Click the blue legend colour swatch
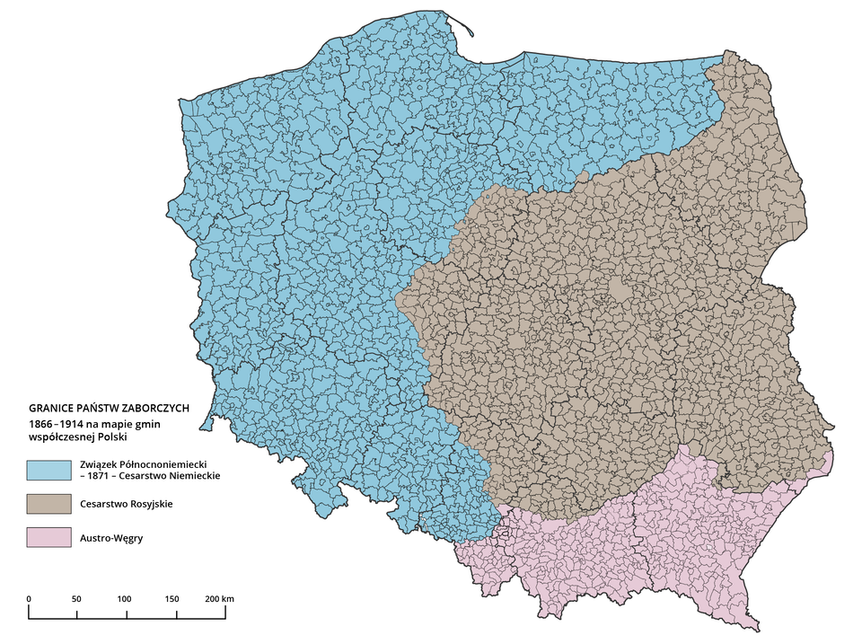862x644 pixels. tap(49, 469)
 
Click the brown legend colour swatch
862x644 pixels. tap(49, 503)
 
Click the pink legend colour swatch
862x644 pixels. tap(49, 538)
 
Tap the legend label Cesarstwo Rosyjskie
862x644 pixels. tap(127, 504)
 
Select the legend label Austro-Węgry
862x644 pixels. tap(112, 538)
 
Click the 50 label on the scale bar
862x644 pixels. tap(76, 598)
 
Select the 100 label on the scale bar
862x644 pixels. tap(124, 598)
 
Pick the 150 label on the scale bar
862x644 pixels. tap(172, 598)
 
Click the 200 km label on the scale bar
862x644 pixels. tap(220, 598)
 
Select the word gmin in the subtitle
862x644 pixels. tap(168, 422)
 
